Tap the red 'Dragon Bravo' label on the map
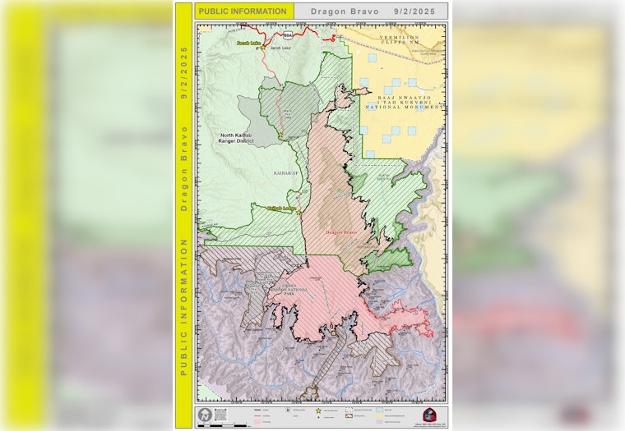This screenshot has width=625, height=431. tap(340, 233)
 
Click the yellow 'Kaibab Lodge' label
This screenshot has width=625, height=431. tap(280, 209)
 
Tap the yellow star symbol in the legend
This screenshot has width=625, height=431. tap(318, 410)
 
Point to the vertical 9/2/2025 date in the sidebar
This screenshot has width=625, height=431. tap(183, 71)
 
